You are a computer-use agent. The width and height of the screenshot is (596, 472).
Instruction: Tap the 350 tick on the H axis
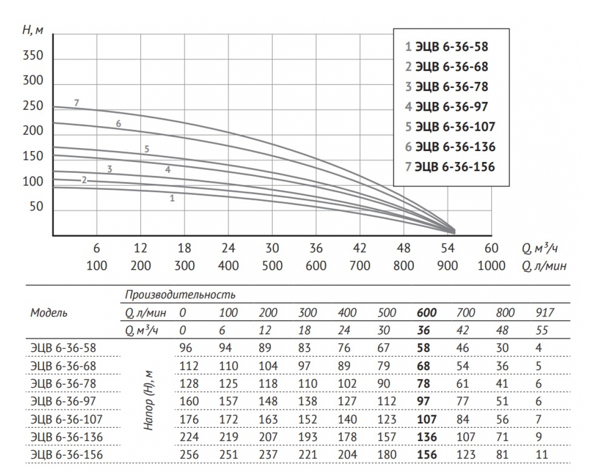point(33,56)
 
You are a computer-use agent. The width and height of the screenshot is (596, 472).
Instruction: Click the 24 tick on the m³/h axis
point(228,248)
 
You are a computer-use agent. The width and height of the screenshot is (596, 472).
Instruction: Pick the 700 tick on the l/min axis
point(360,265)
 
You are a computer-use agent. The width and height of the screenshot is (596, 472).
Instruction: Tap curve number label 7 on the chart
point(76,103)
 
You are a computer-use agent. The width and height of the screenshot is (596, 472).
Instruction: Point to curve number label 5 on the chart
point(147,148)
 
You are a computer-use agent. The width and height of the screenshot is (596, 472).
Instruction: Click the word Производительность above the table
point(180,295)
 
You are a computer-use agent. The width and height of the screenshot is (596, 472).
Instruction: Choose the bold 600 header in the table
point(427,313)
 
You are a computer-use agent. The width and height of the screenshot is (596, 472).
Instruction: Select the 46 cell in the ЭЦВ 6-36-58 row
point(462,348)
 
